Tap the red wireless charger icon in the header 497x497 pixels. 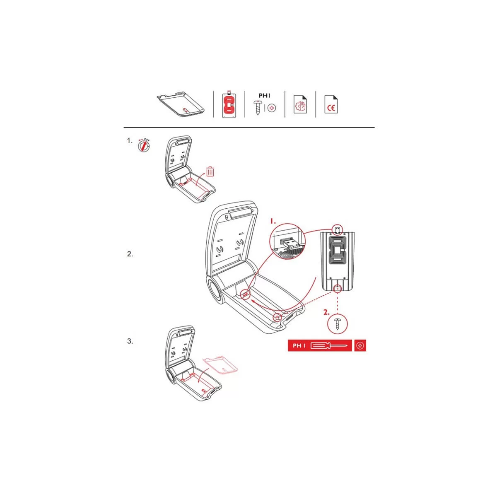[229, 104]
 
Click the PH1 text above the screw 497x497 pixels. [264, 96]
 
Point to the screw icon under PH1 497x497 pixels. [257, 108]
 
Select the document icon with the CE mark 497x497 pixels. [331, 104]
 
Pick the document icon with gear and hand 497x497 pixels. [300, 104]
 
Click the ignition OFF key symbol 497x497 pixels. [144, 145]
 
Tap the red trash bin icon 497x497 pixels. [210, 171]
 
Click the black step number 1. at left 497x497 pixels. [130, 141]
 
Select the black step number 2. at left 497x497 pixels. [130, 254]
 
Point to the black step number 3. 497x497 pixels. [130, 341]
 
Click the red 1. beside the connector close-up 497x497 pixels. [273, 221]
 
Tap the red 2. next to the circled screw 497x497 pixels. [326, 312]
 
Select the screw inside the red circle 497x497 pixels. [338, 324]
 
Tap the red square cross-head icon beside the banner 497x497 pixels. [360, 345]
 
